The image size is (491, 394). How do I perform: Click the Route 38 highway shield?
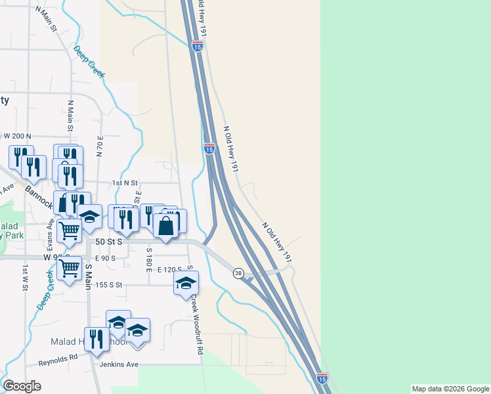point(238,273)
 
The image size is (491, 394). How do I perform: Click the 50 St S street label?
point(110,242)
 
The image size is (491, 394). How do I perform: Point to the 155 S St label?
point(110,285)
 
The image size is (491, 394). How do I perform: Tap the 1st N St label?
point(125,183)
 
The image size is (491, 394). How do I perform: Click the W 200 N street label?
point(18,135)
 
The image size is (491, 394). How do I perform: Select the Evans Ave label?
point(50,227)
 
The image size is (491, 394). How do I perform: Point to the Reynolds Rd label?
point(58,359)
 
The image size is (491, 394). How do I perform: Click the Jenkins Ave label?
point(119,364)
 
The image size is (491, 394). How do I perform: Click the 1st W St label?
point(26,278)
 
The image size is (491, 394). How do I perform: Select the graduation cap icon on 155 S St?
point(186,283)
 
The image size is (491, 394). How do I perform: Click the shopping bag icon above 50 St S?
point(165,227)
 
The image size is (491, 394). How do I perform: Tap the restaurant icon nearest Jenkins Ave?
point(96,339)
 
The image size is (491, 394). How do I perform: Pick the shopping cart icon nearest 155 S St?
point(68,268)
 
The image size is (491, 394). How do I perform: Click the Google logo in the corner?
point(22,386)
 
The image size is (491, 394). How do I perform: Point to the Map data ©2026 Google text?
point(450,389)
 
